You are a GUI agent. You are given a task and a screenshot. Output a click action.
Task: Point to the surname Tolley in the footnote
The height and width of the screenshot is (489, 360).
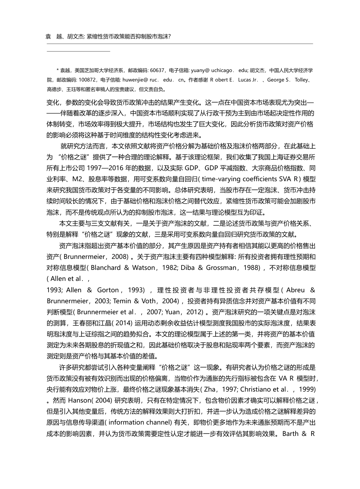pos(302,80)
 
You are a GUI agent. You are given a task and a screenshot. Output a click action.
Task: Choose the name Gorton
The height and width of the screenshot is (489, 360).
pos(108,290)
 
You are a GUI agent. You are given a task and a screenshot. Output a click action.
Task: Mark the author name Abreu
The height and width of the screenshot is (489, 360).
pos(296,290)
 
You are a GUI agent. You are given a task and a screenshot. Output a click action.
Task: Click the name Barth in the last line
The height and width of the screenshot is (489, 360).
pos(290,433)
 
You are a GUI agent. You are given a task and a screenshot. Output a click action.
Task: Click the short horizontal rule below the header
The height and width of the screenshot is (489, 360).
pos(78,51)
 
